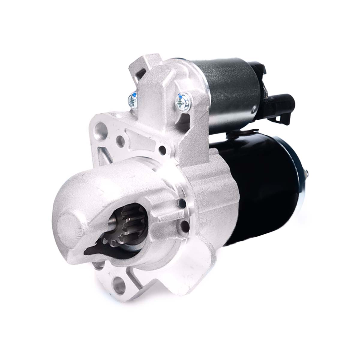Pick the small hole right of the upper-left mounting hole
(121, 139)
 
